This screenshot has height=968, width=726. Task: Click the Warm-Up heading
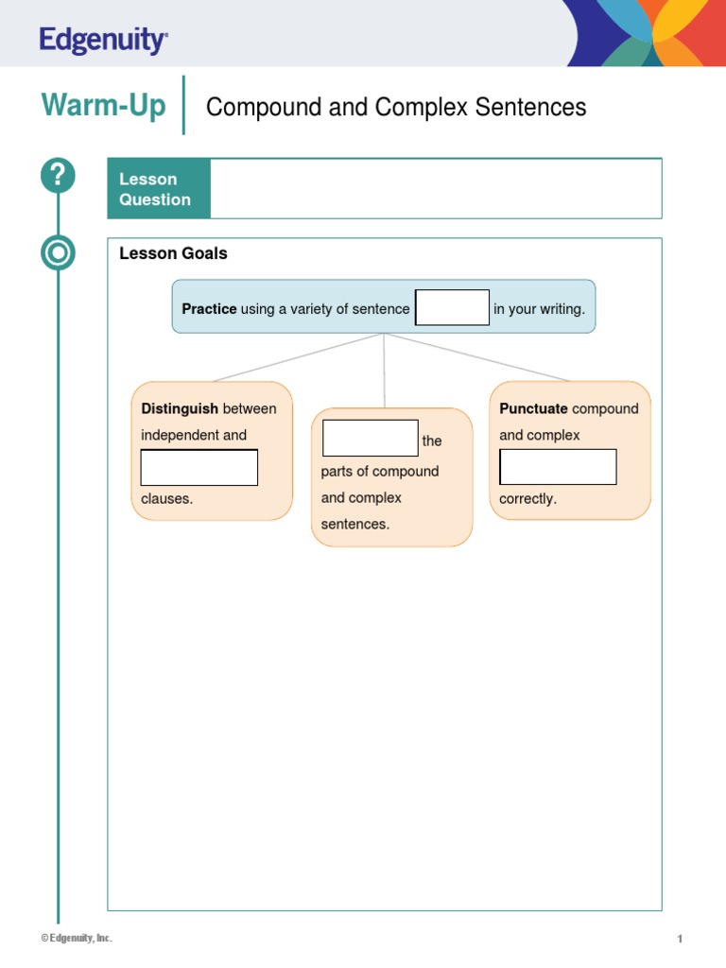[103, 105]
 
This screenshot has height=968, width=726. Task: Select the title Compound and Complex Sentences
[395, 107]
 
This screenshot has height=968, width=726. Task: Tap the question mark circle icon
[58, 176]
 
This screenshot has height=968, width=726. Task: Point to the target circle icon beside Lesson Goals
[58, 253]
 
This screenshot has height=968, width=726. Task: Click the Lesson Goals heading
[173, 253]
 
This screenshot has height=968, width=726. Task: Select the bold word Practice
[209, 309]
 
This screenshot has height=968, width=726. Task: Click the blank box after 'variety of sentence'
[452, 307]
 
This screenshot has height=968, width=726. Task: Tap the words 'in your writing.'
[539, 309]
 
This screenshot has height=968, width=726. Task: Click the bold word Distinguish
[180, 408]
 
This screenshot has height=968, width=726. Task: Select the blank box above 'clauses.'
[199, 468]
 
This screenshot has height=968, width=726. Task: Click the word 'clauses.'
[166, 498]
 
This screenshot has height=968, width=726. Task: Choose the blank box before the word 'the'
[370, 438]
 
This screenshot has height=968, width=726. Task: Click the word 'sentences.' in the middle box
[354, 524]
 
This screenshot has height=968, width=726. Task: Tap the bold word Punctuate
[533, 408]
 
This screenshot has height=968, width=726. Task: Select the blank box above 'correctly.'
[558, 467]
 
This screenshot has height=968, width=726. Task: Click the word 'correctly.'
[527, 498]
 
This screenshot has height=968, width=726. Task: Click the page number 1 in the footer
[679, 939]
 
